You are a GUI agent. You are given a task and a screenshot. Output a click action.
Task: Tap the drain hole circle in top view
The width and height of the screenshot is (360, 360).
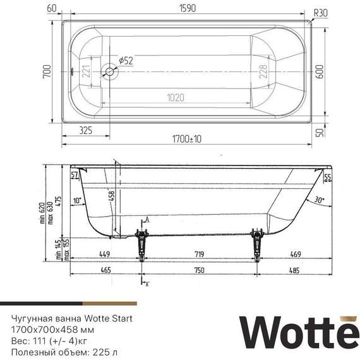click(110, 72)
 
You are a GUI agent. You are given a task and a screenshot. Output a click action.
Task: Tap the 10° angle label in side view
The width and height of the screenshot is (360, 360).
click(77, 200)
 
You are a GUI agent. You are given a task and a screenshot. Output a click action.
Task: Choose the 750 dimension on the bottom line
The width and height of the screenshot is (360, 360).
click(198, 270)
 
